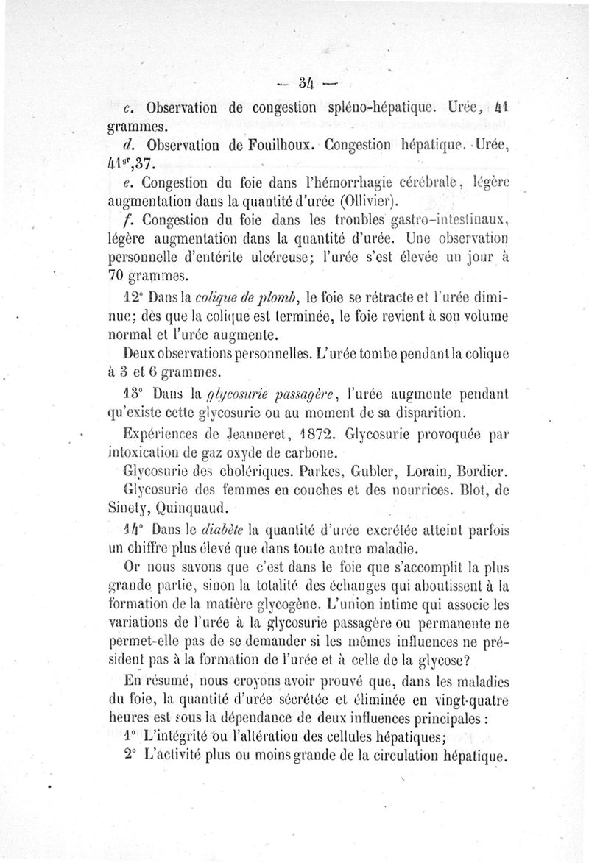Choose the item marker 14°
(x=133, y=528)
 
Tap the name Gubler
(x=365, y=470)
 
